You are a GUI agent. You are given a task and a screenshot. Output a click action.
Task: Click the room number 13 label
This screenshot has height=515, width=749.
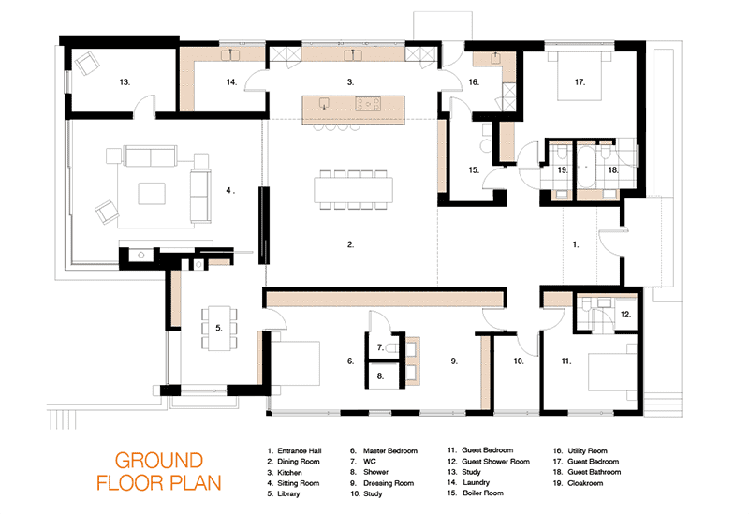pos(125,82)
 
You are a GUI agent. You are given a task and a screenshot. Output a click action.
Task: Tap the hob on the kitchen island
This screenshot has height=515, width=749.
pos(368,103)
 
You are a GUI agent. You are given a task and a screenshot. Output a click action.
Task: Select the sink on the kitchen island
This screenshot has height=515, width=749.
pos(325,103)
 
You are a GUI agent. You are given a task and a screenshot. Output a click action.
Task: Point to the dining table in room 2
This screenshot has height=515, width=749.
pos(354,190)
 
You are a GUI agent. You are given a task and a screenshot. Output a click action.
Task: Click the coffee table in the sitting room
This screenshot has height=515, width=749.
pos(152,194)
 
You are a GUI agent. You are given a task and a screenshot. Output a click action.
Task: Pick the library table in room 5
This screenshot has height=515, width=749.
pos(219,328)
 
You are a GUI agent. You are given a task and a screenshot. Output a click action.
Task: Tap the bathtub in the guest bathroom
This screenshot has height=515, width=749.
pos(586,168)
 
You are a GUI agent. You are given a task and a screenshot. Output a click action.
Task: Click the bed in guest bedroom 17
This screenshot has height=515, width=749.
pos(580,76)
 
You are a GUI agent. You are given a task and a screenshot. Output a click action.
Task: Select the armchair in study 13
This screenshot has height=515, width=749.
pos(87,63)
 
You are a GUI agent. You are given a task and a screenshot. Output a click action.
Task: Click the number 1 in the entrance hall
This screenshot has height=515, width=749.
pos(576,244)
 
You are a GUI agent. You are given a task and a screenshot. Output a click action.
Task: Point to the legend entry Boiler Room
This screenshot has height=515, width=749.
pos(483,493)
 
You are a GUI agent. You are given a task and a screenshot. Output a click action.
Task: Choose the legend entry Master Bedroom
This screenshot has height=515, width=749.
pos(390,451)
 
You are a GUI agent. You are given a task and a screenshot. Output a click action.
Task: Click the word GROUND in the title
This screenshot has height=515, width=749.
pos(159,461)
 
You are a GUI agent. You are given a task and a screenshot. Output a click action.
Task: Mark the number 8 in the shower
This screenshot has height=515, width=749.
pos(380,376)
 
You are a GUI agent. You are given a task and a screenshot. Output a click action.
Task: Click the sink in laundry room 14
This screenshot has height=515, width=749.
pos(230,55)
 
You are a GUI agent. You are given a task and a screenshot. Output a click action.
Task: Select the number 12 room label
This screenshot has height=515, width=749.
pos(625,315)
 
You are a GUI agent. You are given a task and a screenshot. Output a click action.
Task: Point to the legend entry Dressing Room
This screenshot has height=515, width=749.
pos(389,483)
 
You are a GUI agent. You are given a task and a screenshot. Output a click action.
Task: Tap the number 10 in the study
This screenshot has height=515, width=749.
pos(519,361)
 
